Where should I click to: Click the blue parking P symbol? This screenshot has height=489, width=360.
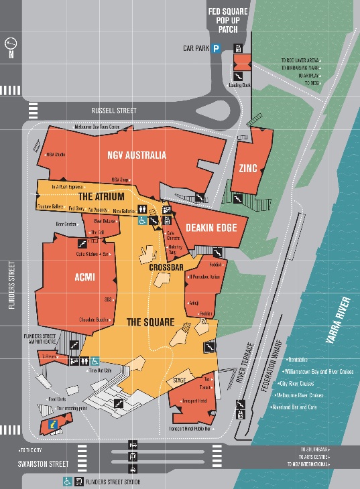217,48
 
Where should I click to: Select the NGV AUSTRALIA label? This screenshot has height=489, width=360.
136,155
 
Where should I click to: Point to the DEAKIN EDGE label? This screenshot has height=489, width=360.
211,228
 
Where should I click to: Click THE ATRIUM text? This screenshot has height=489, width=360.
102,197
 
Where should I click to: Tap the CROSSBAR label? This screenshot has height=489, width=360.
167,267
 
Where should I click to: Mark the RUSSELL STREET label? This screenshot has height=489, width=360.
114,111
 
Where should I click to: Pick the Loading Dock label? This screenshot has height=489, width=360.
239,85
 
